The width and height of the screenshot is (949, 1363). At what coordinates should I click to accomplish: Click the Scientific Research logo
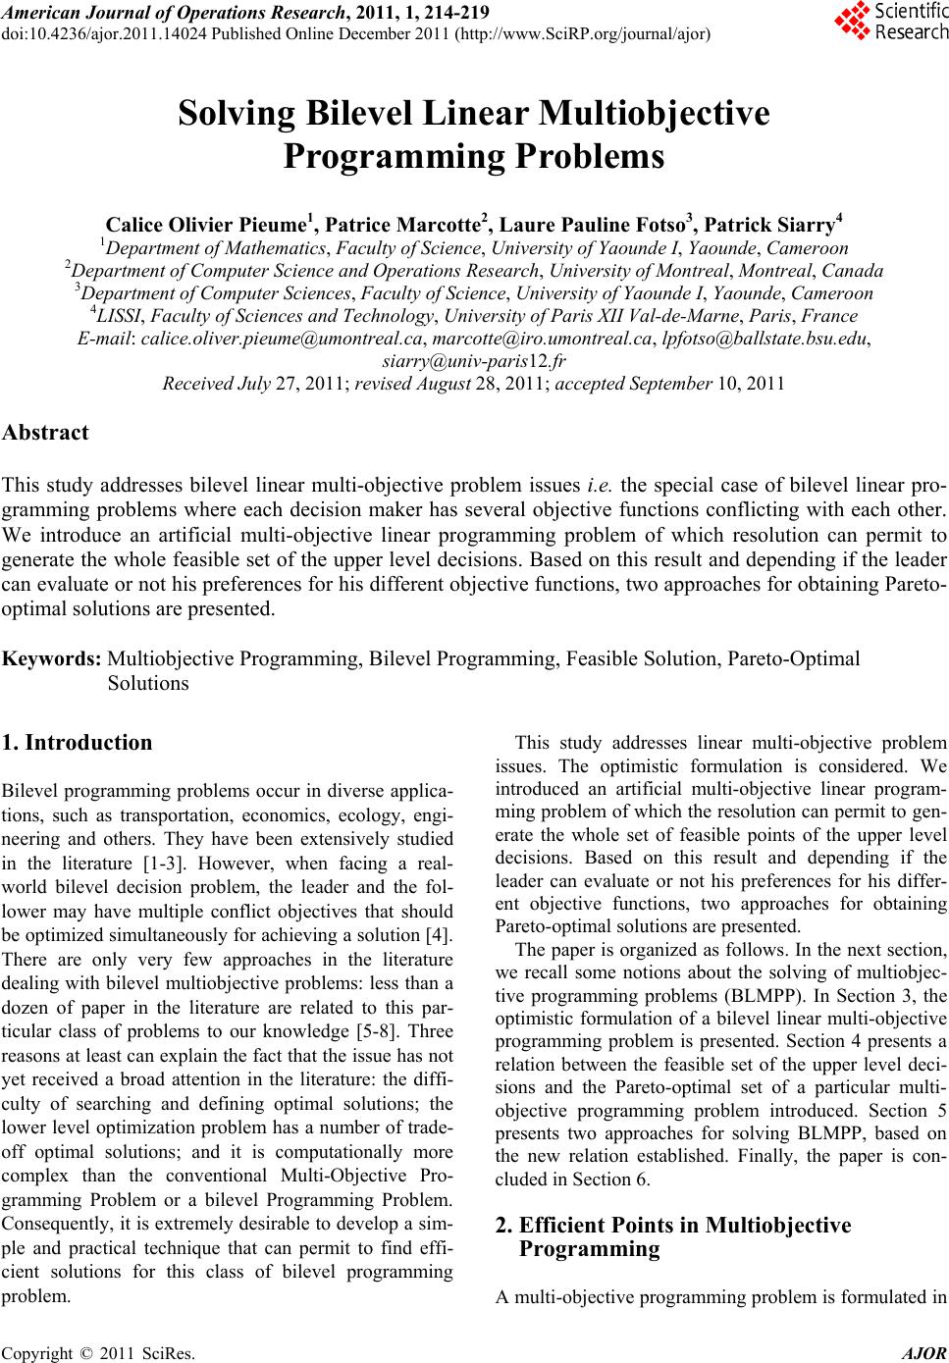click(890, 22)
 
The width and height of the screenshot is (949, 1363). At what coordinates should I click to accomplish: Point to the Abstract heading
click(46, 432)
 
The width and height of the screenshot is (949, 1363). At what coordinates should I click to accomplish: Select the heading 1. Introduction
click(79, 743)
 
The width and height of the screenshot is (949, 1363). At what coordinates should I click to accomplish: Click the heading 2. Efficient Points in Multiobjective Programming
click(673, 1236)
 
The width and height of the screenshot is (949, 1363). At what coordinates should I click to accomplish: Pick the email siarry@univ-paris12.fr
click(474, 361)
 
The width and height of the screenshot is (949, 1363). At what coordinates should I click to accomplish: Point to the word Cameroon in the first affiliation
click(810, 247)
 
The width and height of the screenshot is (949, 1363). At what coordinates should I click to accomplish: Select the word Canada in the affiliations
click(853, 270)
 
